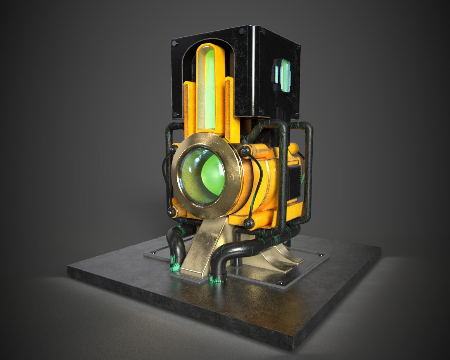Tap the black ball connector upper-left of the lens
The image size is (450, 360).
[x=173, y=150]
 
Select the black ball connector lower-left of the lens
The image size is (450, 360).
[x=171, y=211]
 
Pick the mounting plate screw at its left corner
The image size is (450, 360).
[x=155, y=253]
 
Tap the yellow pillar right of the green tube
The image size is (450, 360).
[x=229, y=109]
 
